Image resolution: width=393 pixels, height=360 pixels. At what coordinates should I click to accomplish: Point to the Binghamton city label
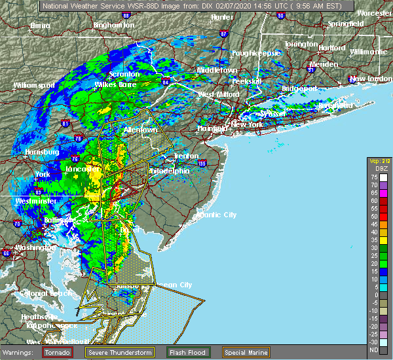(113, 25)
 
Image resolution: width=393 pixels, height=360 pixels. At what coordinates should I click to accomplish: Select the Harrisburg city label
(42, 152)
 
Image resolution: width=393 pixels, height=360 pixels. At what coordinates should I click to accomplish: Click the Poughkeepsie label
(256, 53)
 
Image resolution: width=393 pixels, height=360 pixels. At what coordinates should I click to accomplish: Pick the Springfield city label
(346, 24)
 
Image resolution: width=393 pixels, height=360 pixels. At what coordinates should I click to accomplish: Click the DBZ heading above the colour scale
(379, 169)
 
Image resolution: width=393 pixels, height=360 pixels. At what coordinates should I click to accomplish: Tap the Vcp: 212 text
(379, 160)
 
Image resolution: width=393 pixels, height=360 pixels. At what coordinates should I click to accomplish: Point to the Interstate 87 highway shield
(223, 33)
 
